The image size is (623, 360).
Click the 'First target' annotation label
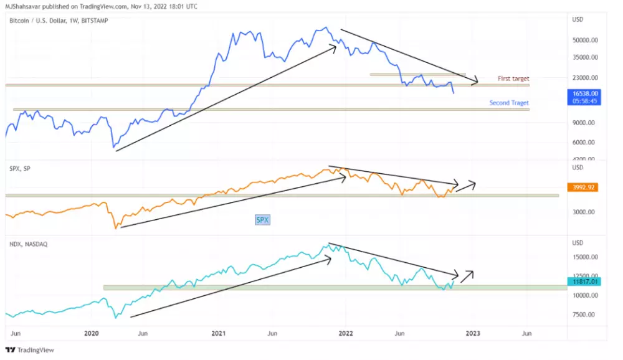[x=513, y=79]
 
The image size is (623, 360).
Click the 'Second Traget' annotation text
[x=509, y=103]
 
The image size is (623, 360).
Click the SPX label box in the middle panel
[x=262, y=220]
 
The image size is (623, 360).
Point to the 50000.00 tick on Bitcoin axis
[x=586, y=40]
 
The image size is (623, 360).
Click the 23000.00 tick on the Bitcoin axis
[x=586, y=78]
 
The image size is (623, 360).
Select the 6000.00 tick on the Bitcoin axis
[x=584, y=142]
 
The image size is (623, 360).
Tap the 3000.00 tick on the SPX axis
[x=584, y=212]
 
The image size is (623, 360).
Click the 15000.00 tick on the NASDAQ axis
[x=586, y=257]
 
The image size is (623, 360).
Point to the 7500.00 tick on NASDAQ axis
[x=584, y=315]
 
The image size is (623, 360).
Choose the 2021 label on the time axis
[x=218, y=334]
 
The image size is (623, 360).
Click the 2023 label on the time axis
[x=472, y=334]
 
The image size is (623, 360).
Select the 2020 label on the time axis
[x=92, y=334]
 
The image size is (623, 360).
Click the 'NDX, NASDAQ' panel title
[x=29, y=244]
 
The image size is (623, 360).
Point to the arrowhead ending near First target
[x=476, y=80]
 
